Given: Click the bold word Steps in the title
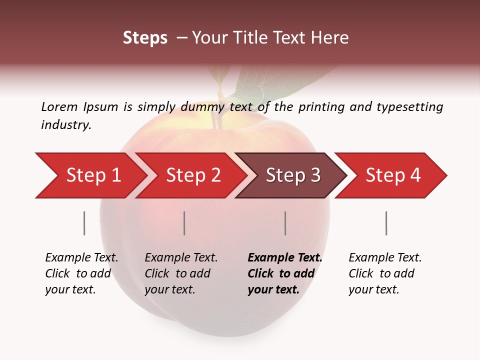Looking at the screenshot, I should click(x=145, y=38).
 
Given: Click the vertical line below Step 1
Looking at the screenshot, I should click(x=84, y=223).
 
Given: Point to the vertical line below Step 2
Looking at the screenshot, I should click(x=184, y=223).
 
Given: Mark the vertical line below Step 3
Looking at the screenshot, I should click(x=285, y=223).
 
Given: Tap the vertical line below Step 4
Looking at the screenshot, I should click(x=386, y=223).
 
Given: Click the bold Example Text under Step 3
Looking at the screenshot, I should click(x=285, y=258).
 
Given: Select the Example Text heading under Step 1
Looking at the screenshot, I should click(x=81, y=258).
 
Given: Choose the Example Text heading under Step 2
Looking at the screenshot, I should click(x=181, y=258).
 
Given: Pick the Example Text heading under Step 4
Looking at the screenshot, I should click(x=385, y=258).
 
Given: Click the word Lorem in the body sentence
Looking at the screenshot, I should click(x=59, y=107).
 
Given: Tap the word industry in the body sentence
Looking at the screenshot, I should click(x=66, y=125).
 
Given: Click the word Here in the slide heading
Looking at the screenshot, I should click(x=331, y=38).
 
